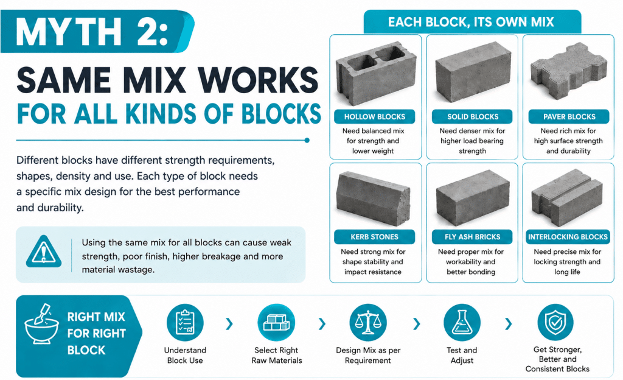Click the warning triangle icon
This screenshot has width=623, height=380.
(x=44, y=252)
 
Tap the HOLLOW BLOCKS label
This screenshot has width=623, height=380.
(x=375, y=117)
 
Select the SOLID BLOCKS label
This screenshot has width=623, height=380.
(x=472, y=117)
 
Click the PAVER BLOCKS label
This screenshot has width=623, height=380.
(x=569, y=117)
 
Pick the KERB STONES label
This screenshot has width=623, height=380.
(x=375, y=237)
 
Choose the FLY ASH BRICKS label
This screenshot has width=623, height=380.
(x=472, y=237)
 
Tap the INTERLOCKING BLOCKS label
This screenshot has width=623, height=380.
(x=568, y=237)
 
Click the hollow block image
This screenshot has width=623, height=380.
(x=375, y=74)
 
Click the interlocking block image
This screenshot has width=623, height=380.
(x=567, y=197)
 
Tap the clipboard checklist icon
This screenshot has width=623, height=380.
(x=185, y=322)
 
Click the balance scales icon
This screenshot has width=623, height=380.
(x=368, y=322)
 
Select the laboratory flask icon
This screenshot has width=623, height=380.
(x=462, y=322)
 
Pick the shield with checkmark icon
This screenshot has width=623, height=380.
(x=555, y=322)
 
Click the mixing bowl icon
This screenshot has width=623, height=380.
(x=41, y=325)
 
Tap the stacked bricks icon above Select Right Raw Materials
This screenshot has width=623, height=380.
(x=276, y=322)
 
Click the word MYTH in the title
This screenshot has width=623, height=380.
(x=68, y=32)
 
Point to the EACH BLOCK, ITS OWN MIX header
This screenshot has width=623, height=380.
(x=471, y=22)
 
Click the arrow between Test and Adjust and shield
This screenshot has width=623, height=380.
(x=508, y=324)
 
